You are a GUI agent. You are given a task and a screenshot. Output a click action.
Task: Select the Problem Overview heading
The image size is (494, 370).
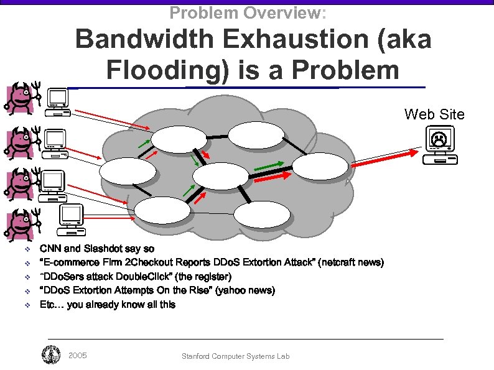pos(248,12)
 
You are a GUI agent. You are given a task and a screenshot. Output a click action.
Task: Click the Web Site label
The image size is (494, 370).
pos(434,114)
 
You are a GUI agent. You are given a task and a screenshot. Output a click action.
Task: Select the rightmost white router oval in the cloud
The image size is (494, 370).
pos(320,166)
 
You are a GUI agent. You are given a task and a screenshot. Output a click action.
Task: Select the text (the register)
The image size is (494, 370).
pos(203,277)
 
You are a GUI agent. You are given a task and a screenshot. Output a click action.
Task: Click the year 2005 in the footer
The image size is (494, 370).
pos(78,356)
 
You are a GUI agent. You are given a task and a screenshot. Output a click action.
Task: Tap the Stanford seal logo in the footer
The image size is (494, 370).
pos(51,356)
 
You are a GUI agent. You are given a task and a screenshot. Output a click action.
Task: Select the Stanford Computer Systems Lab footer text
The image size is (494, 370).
pos(235,356)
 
